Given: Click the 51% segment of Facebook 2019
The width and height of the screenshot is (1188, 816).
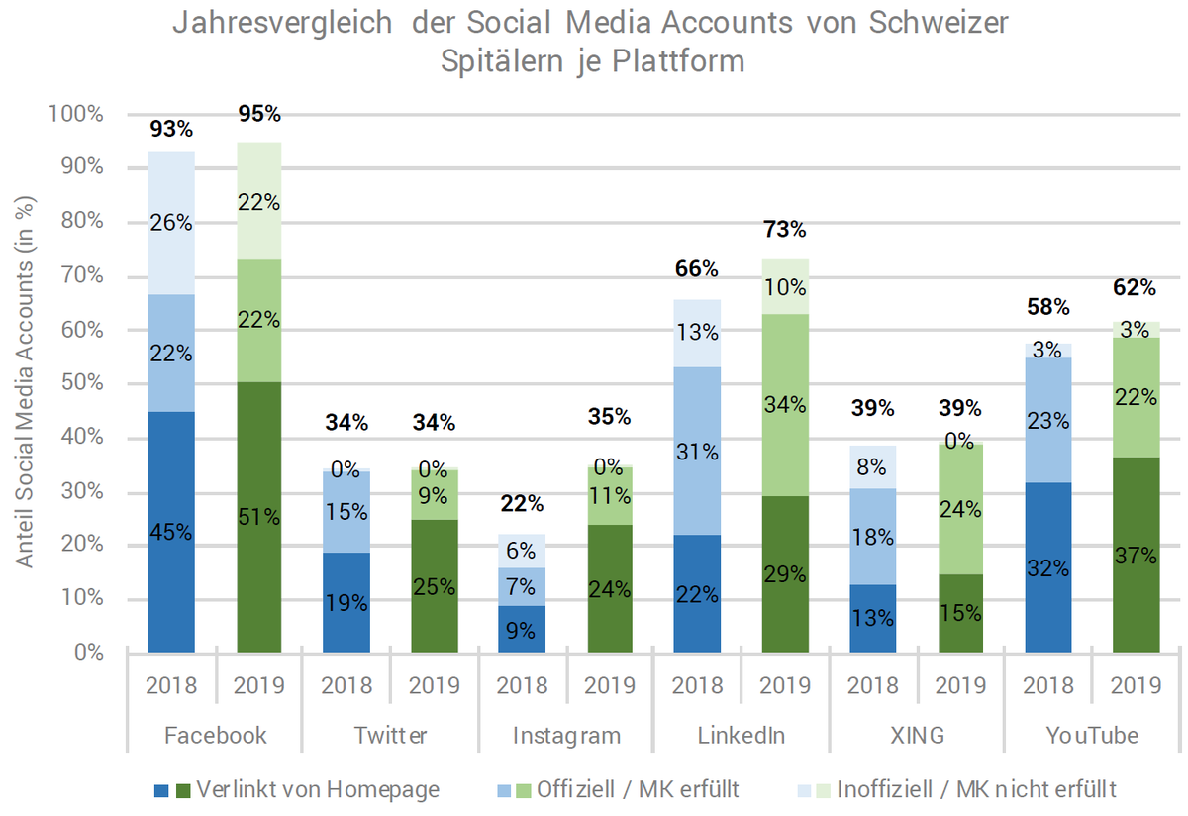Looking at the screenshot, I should pos(259,517).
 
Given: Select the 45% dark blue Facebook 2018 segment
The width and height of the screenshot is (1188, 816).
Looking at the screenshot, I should pos(171,532).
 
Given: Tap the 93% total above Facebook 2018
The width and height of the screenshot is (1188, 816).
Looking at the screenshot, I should pos(171,129).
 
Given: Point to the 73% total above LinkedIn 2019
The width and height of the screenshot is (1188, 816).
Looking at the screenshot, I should pos(785,231).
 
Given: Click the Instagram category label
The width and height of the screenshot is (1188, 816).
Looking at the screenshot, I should pos(566,736).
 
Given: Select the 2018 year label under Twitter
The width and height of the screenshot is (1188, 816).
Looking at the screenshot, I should pos(346,686).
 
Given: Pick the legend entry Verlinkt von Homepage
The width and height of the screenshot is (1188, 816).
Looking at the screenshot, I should pos(317,789).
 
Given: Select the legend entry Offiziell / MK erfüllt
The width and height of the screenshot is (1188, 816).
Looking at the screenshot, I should pos(640,789).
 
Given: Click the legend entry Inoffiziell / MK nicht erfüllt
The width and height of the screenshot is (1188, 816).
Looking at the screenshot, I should pos(975,789).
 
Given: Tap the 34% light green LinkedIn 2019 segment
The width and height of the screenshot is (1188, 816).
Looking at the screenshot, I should pos(785,404).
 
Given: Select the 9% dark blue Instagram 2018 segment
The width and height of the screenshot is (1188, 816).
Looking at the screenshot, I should pos(522,629).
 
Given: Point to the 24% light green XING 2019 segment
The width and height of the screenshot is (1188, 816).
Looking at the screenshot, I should pos(959,509).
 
